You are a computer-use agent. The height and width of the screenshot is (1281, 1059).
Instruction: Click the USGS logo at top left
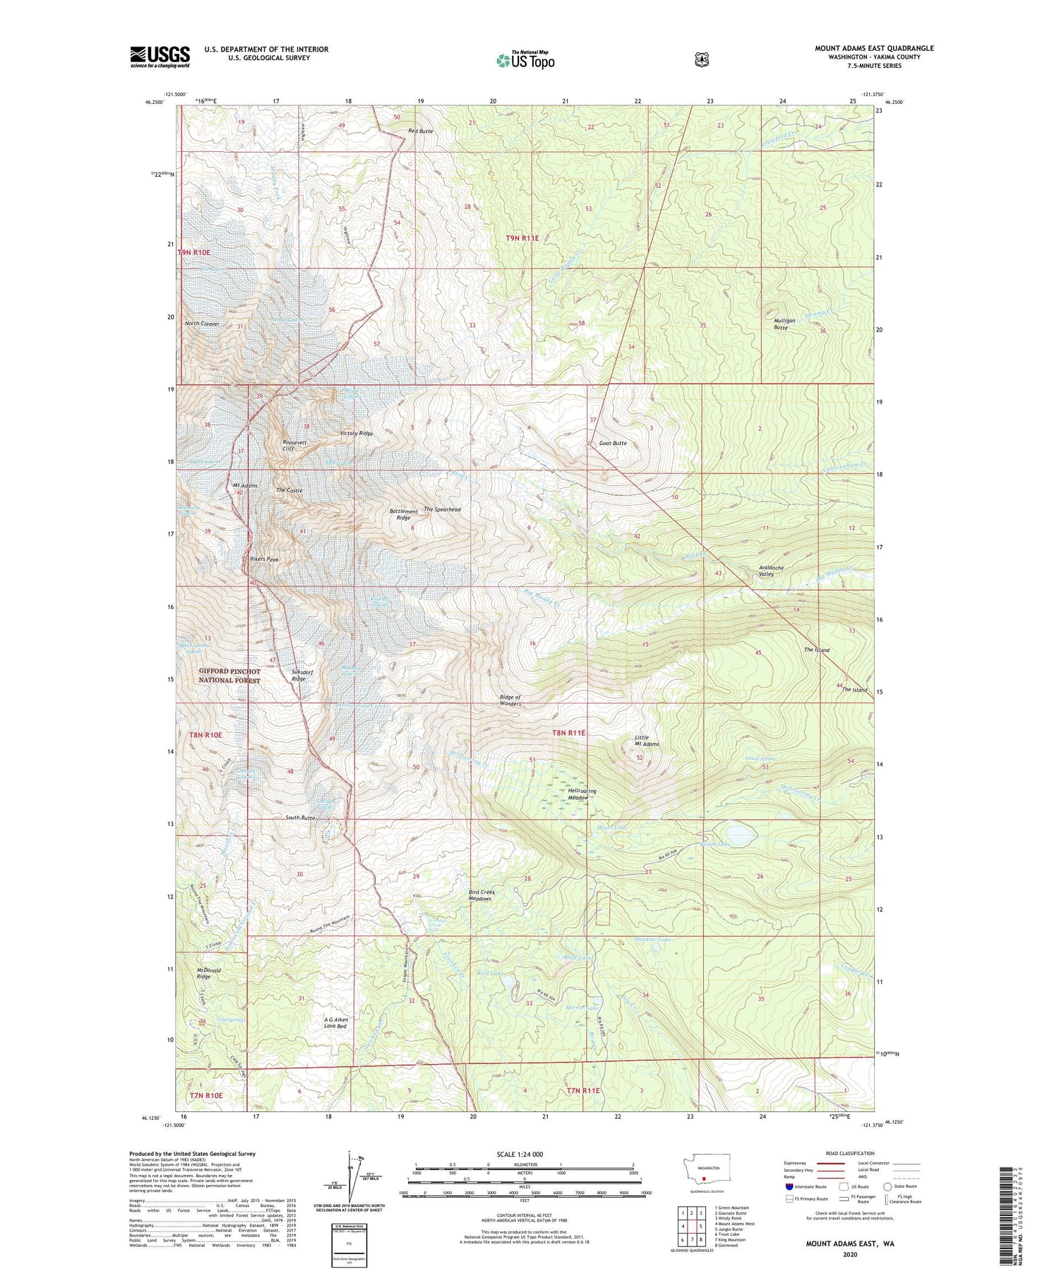pyautogui.click(x=160, y=57)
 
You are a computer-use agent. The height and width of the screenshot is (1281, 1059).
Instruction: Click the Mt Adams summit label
pyautogui.click(x=245, y=486)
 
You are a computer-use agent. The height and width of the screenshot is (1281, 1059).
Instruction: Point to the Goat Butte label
pyautogui.click(x=612, y=443)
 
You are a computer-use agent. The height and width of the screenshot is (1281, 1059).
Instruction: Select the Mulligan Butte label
pyautogui.click(x=784, y=324)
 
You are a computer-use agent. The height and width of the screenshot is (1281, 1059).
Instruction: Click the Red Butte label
pyautogui.click(x=421, y=131)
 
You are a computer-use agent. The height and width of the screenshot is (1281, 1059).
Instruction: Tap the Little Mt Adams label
pyautogui.click(x=646, y=740)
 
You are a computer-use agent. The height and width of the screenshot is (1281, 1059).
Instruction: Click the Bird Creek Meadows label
pyautogui.click(x=481, y=895)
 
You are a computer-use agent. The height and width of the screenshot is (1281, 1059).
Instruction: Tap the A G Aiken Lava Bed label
pyautogui.click(x=336, y=1023)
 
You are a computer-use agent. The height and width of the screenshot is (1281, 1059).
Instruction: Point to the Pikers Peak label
pyautogui.click(x=264, y=559)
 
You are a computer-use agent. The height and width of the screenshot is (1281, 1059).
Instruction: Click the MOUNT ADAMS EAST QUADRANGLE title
pyautogui.click(x=874, y=48)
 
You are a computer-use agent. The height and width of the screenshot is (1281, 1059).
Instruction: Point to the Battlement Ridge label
pyautogui.click(x=403, y=514)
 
